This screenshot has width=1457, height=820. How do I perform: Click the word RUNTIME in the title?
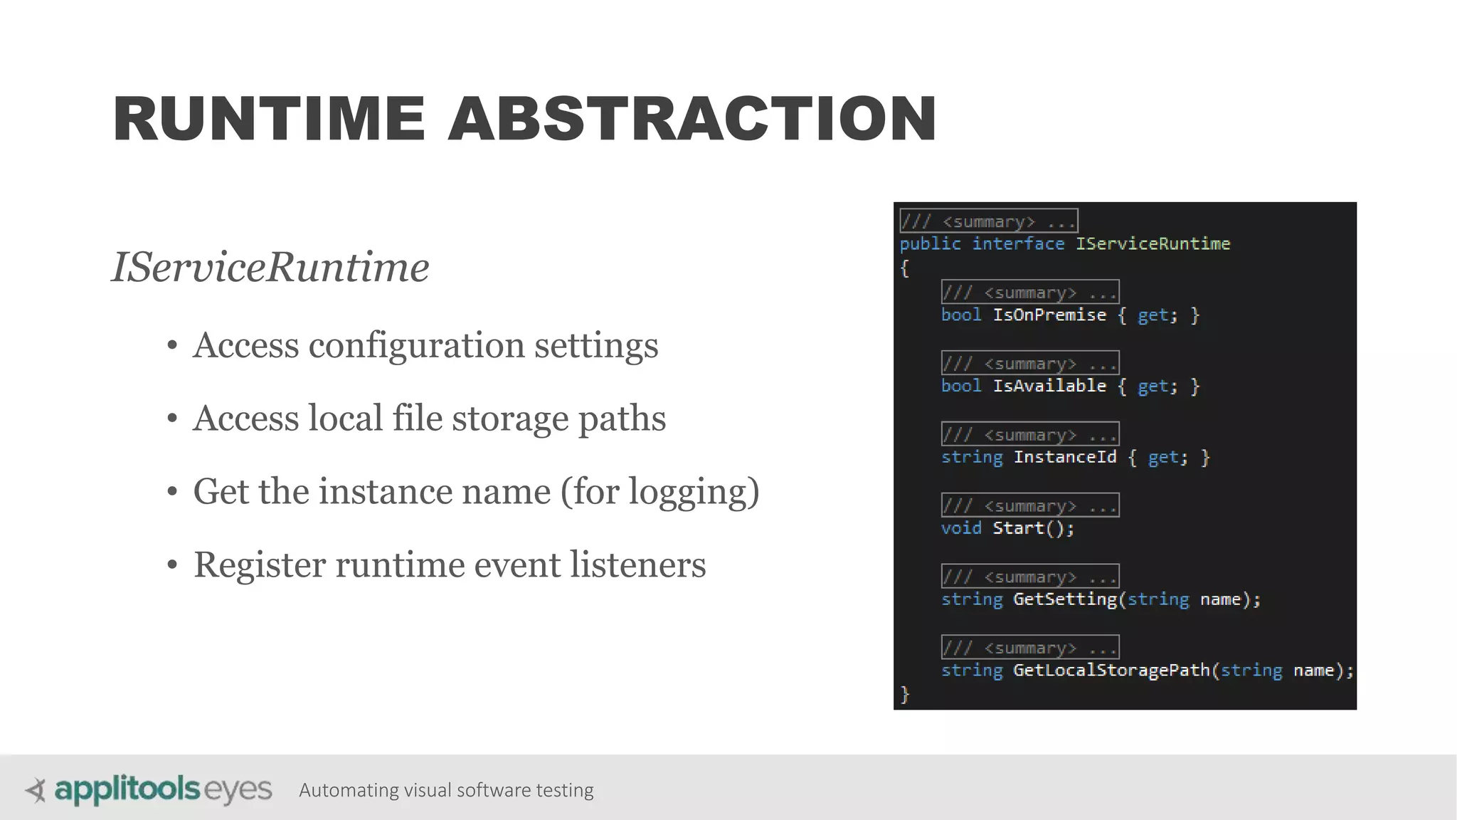pyautogui.click(x=269, y=119)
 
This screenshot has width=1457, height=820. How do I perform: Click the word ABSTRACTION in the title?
pyautogui.click(x=692, y=119)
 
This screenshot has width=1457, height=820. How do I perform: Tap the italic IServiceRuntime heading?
pyautogui.click(x=270, y=268)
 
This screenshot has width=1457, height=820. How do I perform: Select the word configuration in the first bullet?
pyautogui.click(x=416, y=346)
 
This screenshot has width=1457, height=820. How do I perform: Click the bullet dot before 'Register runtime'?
pyautogui.click(x=172, y=565)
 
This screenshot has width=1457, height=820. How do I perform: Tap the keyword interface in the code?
pyautogui.click(x=1018, y=244)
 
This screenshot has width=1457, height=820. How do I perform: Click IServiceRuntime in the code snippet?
pyautogui.click(x=1153, y=244)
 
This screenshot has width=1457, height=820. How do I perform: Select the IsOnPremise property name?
pyautogui.click(x=1049, y=315)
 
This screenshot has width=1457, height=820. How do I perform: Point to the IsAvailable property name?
pyautogui.click(x=1049, y=387)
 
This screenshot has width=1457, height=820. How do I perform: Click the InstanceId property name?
pyautogui.click(x=1065, y=457)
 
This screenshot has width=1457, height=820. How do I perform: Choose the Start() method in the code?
pyautogui.click(x=1033, y=528)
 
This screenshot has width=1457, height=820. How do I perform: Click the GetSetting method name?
pyautogui.click(x=1065, y=599)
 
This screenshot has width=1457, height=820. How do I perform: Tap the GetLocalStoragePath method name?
pyautogui.click(x=1111, y=671)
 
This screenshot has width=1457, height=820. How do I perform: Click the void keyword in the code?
pyautogui.click(x=961, y=528)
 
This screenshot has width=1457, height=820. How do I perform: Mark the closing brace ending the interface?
pyautogui.click(x=905, y=694)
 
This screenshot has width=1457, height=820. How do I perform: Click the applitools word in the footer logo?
pyautogui.click(x=127, y=790)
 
